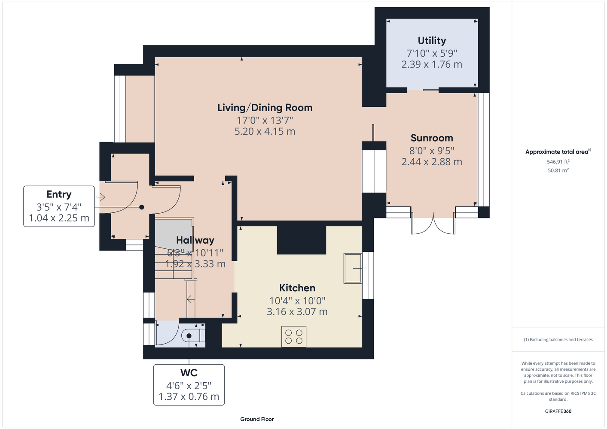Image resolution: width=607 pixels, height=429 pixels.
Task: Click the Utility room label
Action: click(432, 41)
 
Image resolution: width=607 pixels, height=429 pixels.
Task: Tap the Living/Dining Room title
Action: click(265, 108)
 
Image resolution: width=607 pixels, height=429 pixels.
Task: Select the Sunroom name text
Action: click(432, 138)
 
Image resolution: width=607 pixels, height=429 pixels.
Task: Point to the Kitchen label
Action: click(297, 288)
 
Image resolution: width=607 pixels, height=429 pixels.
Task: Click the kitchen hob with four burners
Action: click(294, 336)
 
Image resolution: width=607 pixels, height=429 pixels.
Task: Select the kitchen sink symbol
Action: click(353, 268)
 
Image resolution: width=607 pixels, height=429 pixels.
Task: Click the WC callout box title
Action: click(189, 373)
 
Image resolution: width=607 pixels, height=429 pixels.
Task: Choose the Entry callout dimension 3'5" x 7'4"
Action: click(59, 207)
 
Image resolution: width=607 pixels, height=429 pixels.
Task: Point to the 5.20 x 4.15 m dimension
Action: click(265, 131)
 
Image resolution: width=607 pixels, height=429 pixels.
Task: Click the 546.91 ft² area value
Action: click(558, 162)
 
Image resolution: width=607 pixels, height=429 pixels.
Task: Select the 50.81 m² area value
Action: click(558, 170)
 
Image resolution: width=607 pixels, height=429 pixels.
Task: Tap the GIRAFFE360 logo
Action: click(558, 411)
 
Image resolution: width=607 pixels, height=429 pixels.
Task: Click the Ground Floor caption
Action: click(257, 419)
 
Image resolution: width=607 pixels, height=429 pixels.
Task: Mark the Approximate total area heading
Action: click(558, 152)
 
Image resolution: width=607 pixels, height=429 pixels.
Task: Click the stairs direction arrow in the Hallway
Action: click(190, 299)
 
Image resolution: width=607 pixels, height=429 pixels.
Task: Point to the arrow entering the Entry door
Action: click(100, 197)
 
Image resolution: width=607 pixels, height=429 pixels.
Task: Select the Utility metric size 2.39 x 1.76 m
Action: click(432, 64)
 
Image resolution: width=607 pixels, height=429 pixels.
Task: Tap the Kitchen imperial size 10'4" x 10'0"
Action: click(297, 301)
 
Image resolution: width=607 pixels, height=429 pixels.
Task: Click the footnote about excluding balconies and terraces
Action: click(558, 339)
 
